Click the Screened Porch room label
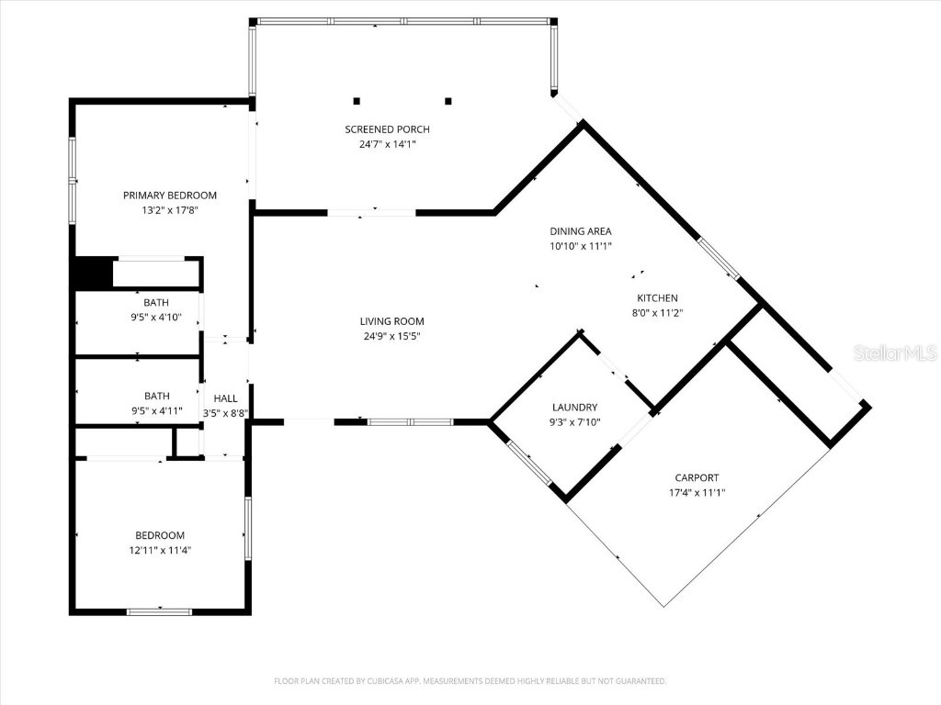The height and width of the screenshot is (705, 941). pyautogui.click(x=387, y=129)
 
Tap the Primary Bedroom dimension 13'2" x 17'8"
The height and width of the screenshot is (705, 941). pyautogui.click(x=170, y=210)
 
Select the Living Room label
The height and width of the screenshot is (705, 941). pyautogui.click(x=391, y=321)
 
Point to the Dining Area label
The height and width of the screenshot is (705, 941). pyautogui.click(x=580, y=231)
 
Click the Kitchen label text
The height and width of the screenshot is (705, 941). pyautogui.click(x=657, y=297)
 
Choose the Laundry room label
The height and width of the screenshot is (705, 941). pyautogui.click(x=574, y=407)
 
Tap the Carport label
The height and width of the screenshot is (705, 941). pyautogui.click(x=697, y=477)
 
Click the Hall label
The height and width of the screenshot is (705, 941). pyautogui.click(x=225, y=398)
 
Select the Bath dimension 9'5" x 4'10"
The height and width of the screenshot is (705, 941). pyautogui.click(x=155, y=318)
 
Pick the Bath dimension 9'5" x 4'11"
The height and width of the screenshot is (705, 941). pyautogui.click(x=156, y=411)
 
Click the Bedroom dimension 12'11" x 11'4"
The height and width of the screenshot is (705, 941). pyautogui.click(x=160, y=550)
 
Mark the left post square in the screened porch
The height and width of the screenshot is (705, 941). pyautogui.click(x=357, y=101)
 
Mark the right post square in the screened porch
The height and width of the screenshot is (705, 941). pyautogui.click(x=448, y=101)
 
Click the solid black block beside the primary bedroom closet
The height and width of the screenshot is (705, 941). pyautogui.click(x=92, y=274)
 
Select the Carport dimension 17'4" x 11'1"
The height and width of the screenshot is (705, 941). pyautogui.click(x=697, y=492)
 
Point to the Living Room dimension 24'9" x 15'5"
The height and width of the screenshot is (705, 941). pyautogui.click(x=391, y=336)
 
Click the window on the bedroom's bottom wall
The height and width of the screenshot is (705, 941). pyautogui.click(x=159, y=611)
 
